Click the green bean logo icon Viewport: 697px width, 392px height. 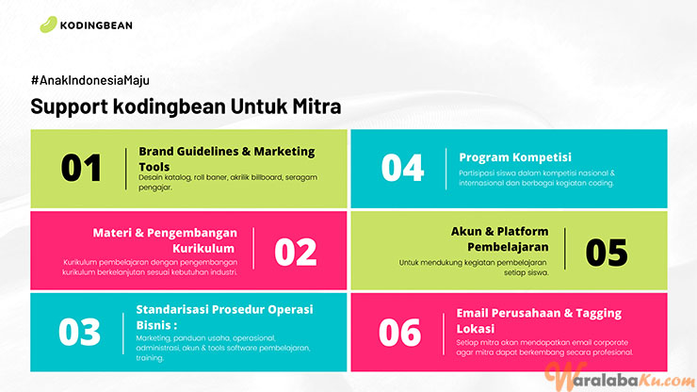pos(48,24)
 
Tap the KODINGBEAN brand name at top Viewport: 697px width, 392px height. pos(96,25)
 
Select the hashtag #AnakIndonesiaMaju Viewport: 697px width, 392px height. pos(90,80)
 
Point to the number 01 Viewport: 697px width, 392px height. pos(81,168)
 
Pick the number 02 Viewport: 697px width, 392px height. pos(296,252)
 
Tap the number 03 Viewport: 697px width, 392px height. pos(79,332)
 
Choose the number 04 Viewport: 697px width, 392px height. pos(402,168)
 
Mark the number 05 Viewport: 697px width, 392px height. pos(607,253)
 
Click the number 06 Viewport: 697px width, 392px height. pos(399,333)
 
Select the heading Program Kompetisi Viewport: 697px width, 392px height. pos(515,157)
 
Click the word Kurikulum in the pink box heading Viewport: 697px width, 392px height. pos(203,248)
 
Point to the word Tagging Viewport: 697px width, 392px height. pos(598,313)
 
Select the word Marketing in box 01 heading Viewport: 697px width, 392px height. pos(284,152)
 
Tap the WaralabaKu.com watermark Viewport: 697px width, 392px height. pos(620,377)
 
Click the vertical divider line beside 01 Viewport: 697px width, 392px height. pos(126,169)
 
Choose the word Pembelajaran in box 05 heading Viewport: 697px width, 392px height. pos(508,247)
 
